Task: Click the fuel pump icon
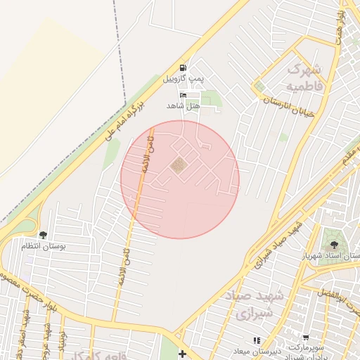[183, 67]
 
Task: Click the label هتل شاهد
[184, 105]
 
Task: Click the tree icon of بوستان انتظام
[43, 235]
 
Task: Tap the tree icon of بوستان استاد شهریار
[333, 245]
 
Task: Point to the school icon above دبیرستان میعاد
[257, 340]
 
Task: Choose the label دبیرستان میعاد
[257, 350]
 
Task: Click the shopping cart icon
[305, 338]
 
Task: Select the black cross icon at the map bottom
[183, 354]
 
